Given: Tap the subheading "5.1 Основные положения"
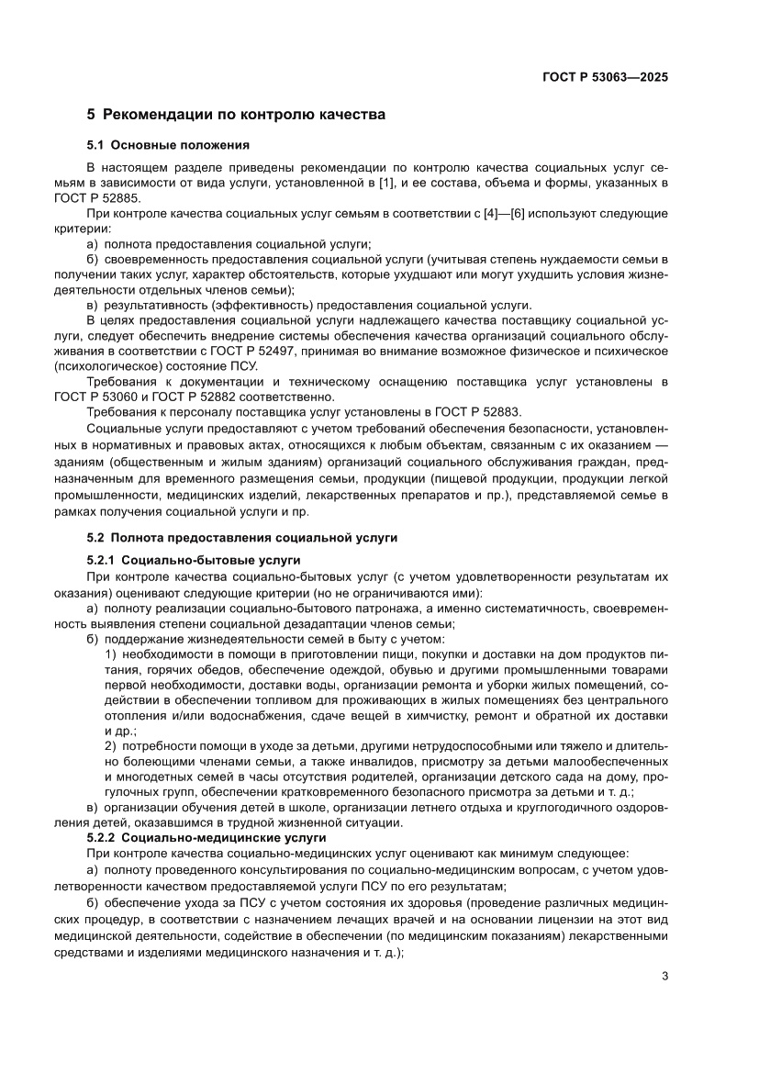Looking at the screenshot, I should click(x=168, y=145).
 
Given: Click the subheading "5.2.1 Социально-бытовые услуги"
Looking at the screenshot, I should click(x=194, y=560).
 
